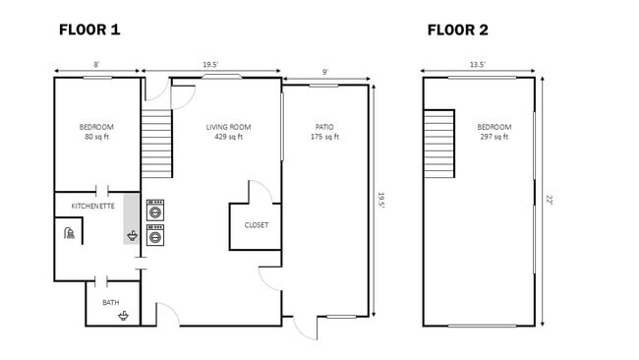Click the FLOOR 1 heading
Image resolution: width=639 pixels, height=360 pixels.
coord(89,30)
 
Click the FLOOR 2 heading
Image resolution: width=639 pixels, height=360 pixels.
coord(457,30)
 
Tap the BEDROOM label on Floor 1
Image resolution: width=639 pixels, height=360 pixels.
coord(96,127)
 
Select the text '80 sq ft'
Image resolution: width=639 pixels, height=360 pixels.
coord(96,138)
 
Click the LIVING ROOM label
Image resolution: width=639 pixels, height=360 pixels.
coord(228,127)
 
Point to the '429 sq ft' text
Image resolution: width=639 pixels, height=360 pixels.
coord(228,138)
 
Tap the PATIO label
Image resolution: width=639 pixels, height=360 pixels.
coord(324,127)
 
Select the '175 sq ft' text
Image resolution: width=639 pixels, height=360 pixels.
coord(324,138)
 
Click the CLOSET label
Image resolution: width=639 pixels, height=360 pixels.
coord(256,225)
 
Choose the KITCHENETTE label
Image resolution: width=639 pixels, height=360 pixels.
coord(93,206)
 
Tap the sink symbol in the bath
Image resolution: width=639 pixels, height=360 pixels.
coord(124,315)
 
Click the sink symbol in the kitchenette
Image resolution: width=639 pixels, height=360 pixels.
coord(132,236)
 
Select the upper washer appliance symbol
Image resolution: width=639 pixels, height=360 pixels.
coord(155,210)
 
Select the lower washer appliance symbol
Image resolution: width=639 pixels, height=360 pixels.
coord(155,235)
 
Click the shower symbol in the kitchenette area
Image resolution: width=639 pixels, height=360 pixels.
coord(68,234)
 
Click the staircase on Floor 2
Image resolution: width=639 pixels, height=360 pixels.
coord(439,144)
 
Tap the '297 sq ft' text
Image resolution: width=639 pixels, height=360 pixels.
coord(494,138)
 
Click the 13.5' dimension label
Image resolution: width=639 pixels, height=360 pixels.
coord(477,65)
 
